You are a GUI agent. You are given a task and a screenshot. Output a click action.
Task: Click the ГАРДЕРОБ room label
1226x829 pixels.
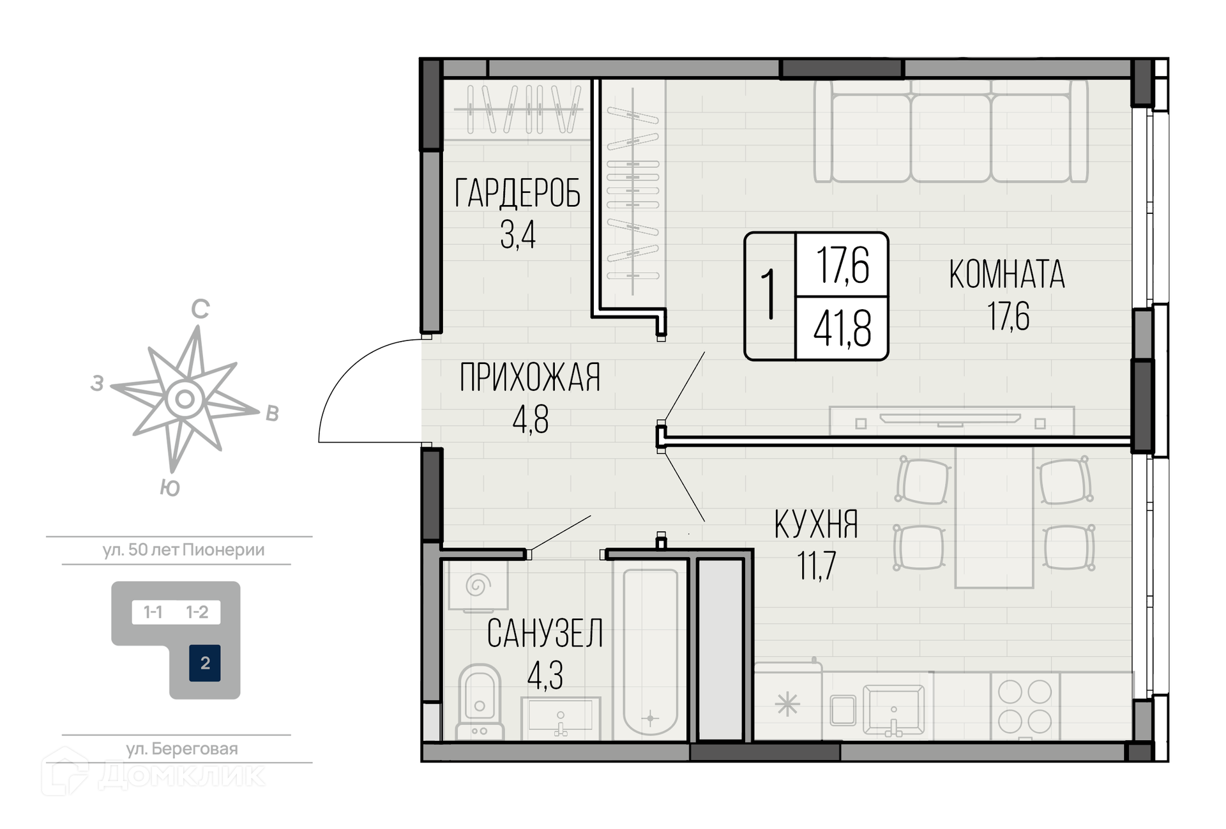tap(517, 193)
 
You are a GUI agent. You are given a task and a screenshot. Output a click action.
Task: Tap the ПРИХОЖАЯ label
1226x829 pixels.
tap(530, 377)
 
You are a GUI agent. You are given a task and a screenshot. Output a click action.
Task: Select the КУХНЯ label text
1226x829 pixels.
tap(816, 524)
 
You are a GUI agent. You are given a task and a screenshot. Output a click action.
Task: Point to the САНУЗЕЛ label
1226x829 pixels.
tap(545, 634)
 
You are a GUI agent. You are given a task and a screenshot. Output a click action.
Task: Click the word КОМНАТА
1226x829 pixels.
tap(1007, 274)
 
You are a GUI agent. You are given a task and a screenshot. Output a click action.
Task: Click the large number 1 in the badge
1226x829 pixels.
tap(769, 294)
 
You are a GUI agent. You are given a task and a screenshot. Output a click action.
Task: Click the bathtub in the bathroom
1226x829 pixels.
tap(650, 651)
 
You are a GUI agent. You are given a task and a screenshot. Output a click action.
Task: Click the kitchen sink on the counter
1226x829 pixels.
tap(893, 710)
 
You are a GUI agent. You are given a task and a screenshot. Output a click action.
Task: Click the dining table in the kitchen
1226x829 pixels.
tap(994, 517)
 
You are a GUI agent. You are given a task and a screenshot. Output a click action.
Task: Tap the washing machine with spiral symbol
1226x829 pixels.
tap(478, 585)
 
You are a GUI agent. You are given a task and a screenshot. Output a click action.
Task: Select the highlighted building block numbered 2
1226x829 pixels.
tap(205, 663)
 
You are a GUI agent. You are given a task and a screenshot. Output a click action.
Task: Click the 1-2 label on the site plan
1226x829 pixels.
tap(197, 612)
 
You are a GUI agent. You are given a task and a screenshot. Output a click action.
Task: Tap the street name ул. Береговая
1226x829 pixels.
tap(182, 749)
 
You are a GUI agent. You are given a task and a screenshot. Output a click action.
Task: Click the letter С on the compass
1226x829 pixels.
tap(201, 309)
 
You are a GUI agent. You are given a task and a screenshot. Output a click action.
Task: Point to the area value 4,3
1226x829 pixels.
tap(545, 674)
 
